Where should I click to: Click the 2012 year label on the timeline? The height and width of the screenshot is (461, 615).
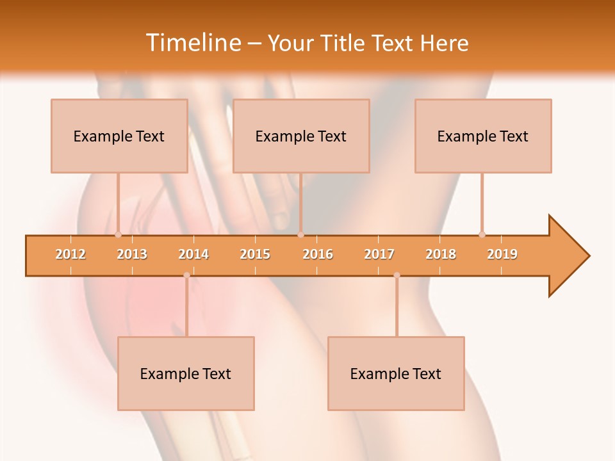tap(70, 254)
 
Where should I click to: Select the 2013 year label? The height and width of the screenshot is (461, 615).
tap(132, 254)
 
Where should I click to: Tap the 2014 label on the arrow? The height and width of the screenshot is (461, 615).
tap(193, 254)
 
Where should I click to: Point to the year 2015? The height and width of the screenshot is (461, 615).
tap(255, 254)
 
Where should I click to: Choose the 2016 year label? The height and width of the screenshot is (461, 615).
tap(318, 254)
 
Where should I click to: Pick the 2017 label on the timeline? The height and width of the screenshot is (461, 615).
tap(379, 254)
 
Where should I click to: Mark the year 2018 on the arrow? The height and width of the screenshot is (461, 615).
tap(441, 254)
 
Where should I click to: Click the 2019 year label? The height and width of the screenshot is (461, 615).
tap(502, 254)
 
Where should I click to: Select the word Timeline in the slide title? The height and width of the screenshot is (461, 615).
tap(193, 43)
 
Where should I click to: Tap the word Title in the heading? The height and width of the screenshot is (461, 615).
tap(343, 43)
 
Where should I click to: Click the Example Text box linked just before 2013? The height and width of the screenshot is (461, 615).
tap(119, 136)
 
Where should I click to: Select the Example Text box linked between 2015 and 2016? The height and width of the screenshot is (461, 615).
tap(301, 136)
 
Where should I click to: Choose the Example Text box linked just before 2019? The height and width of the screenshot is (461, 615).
tap(483, 136)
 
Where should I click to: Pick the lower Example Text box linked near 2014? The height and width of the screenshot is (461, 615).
tap(186, 373)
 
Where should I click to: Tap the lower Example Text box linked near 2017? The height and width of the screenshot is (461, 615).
tap(396, 373)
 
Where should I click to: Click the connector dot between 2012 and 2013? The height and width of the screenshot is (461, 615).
tap(118, 234)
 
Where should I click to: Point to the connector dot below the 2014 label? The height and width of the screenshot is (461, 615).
tap(186, 275)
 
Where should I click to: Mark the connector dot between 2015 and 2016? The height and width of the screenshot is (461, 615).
tap(300, 234)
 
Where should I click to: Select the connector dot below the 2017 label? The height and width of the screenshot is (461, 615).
tap(397, 275)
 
